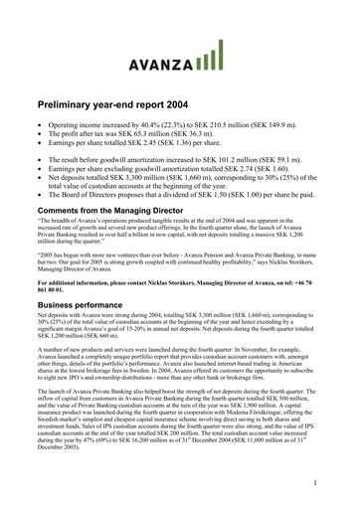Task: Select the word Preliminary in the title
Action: tap(75, 103)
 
